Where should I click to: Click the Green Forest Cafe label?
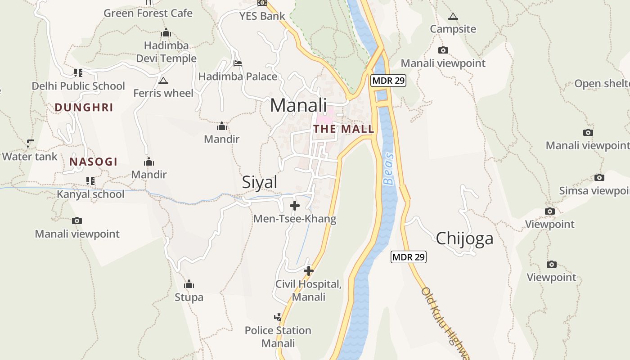tap(148, 13)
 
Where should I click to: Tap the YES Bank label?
tap(262, 16)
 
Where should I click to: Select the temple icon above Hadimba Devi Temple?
tap(166, 33)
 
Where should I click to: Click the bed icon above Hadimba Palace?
tap(238, 63)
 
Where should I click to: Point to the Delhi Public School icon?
tap(78, 72)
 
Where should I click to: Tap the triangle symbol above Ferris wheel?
tap(163, 81)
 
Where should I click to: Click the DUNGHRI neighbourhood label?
tap(84, 108)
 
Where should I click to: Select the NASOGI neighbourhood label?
tap(93, 162)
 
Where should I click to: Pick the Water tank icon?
tap(30, 144)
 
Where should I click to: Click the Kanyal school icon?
tap(90, 181)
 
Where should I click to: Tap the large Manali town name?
tap(298, 105)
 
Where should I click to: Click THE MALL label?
tap(344, 129)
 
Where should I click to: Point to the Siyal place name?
tap(260, 182)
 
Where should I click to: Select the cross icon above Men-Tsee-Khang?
tap(295, 206)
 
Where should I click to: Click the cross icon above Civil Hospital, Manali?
tap(309, 271)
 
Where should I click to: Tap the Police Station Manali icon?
tap(278, 317)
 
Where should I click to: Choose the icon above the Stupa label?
tap(189, 284)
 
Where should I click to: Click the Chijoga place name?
tap(464, 238)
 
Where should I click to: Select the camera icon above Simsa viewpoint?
tap(599, 177)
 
